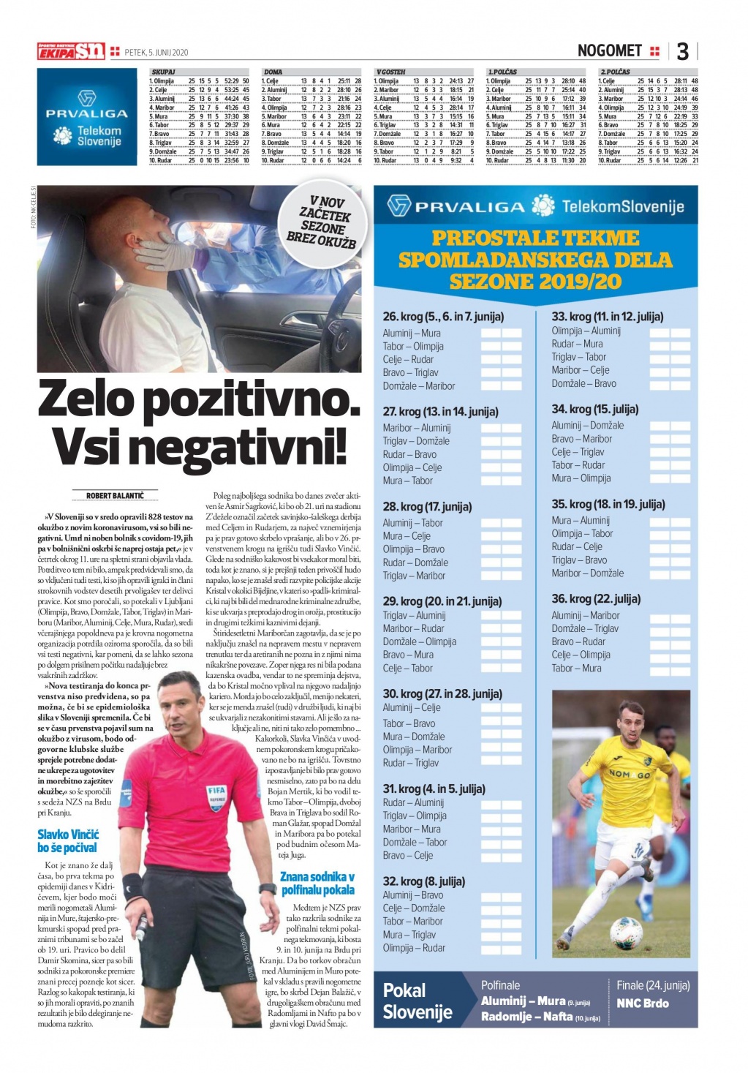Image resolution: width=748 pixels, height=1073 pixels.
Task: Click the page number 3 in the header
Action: pos(682,51)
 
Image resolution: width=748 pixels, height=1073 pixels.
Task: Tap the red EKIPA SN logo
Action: pos(72,51)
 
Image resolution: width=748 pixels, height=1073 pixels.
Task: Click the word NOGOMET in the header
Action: pos(609,50)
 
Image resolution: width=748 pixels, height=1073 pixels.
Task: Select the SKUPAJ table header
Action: pos(163,72)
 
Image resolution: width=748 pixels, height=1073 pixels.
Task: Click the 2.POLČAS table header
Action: pos(615,72)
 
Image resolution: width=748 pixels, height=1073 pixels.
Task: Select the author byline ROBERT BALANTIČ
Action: pos(115,496)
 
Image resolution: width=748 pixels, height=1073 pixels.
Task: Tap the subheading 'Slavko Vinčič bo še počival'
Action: pos(68,841)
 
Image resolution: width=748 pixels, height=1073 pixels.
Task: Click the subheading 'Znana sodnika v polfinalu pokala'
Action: pos(317,883)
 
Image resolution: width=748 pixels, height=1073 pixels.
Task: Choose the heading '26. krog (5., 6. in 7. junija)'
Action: pos(443,317)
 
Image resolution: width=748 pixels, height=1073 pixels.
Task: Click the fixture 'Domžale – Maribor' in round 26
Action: pos(419,385)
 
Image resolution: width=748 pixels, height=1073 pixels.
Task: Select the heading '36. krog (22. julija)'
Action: pos(596,598)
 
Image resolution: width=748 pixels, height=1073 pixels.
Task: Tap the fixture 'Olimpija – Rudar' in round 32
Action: pos(414,947)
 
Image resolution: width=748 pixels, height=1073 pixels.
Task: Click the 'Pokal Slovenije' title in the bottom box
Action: pos(418,1001)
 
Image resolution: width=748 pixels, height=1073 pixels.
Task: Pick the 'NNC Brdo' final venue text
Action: pos(642,1003)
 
